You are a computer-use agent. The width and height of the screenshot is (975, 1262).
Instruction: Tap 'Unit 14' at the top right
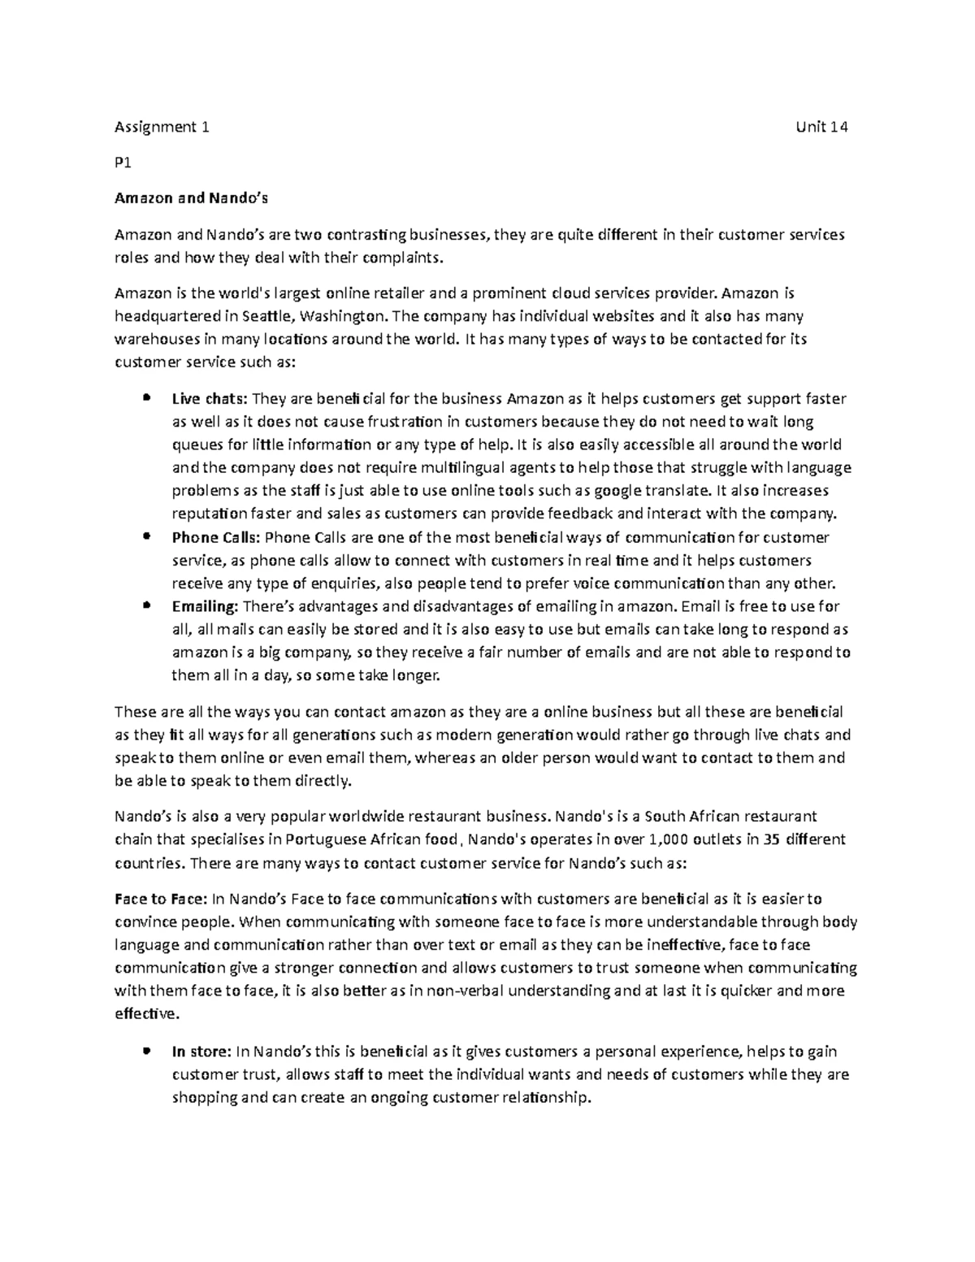[x=823, y=127]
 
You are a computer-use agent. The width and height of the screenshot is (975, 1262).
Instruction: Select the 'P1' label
[x=123, y=163]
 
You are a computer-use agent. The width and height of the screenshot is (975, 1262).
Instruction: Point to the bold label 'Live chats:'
[x=210, y=399]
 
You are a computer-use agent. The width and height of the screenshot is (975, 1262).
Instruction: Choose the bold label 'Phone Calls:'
[x=216, y=537]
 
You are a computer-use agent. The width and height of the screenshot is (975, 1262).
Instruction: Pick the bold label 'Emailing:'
[x=205, y=606]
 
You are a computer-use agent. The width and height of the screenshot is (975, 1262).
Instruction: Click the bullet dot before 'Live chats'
[x=146, y=398]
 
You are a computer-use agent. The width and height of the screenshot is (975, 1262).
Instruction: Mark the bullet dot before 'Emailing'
[x=146, y=605]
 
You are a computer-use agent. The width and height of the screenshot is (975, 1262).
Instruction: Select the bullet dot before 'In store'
[x=146, y=1051]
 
